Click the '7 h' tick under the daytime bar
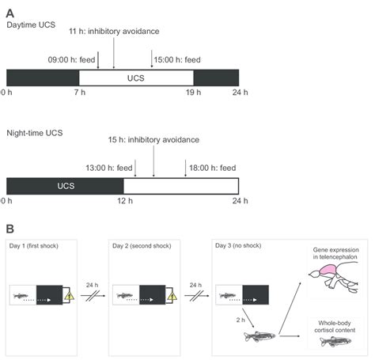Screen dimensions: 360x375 (x=79, y=93)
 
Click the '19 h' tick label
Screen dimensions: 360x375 (x=193, y=93)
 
